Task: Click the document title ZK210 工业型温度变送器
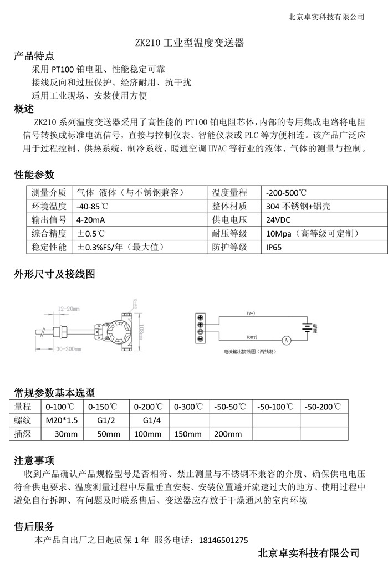pyautogui.click(x=190, y=42)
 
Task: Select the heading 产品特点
pyautogui.click(x=34, y=55)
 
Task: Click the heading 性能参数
pyautogui.click(x=34, y=175)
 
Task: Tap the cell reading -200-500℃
pyautogui.click(x=286, y=193)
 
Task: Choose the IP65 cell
pyautogui.click(x=274, y=247)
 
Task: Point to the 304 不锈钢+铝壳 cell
pyautogui.click(x=298, y=206)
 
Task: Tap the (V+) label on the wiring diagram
pyautogui.click(x=251, y=314)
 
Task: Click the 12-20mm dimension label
pyautogui.click(x=69, y=309)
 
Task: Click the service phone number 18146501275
pyautogui.click(x=221, y=540)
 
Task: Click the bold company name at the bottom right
pyautogui.click(x=309, y=553)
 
